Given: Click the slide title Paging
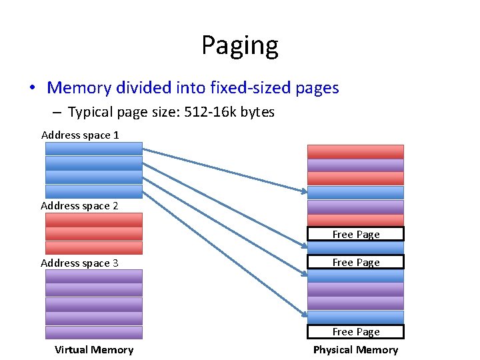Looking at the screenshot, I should pos(240,45).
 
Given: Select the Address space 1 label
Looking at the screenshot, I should pos(80,135).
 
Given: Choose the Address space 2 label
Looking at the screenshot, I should pos(79,206).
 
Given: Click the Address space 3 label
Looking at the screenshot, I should pos(79,263).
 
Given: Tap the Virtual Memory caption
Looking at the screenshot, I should pos(94,350).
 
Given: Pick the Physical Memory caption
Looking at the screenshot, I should pos(355,350).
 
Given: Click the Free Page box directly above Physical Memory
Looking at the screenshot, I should pos(355,332).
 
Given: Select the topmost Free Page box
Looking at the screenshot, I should pos(355,234).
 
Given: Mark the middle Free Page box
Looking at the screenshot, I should pos(355,262).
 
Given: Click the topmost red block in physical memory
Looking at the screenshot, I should pos(355,151).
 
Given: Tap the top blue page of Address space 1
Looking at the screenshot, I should pos(94,149).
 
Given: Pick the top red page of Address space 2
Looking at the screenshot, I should pos(94,219).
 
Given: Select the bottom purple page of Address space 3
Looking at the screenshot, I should pos(94,333).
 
